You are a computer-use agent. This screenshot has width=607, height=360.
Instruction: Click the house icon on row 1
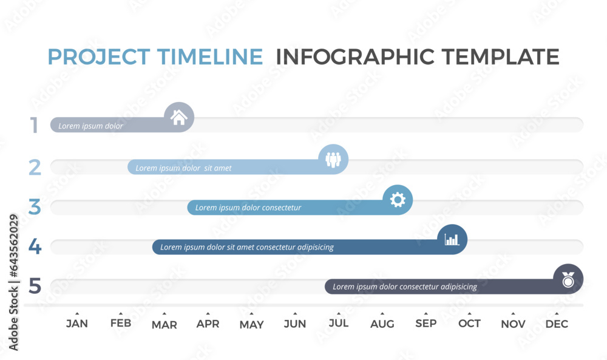point(179,117)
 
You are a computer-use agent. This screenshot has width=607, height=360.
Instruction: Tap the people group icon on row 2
point(333,159)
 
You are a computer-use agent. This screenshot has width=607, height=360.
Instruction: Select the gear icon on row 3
point(398,199)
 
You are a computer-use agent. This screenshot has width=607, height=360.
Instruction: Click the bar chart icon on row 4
point(452,239)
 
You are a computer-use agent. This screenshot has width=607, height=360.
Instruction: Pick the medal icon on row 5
point(568,280)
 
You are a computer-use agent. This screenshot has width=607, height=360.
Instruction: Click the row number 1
point(35,126)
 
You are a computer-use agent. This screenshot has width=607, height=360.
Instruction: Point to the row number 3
point(35,207)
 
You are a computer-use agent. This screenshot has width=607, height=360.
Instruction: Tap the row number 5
point(35,285)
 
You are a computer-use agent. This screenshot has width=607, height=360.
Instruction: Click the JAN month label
point(76,324)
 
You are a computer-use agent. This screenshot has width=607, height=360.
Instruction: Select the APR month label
point(208,324)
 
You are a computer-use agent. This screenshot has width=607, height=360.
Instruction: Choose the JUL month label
point(339,323)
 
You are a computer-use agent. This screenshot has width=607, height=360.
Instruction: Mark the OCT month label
point(469,324)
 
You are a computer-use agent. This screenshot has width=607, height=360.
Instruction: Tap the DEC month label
point(557,324)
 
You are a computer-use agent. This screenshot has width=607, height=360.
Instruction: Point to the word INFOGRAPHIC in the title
point(356,56)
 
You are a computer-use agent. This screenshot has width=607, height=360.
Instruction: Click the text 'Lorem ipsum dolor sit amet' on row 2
point(183,168)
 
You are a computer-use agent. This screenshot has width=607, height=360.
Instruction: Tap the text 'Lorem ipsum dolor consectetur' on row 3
point(248,208)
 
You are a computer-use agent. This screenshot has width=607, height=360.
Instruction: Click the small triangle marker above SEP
point(426,313)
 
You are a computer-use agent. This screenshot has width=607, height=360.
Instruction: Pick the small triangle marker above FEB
point(120,313)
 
